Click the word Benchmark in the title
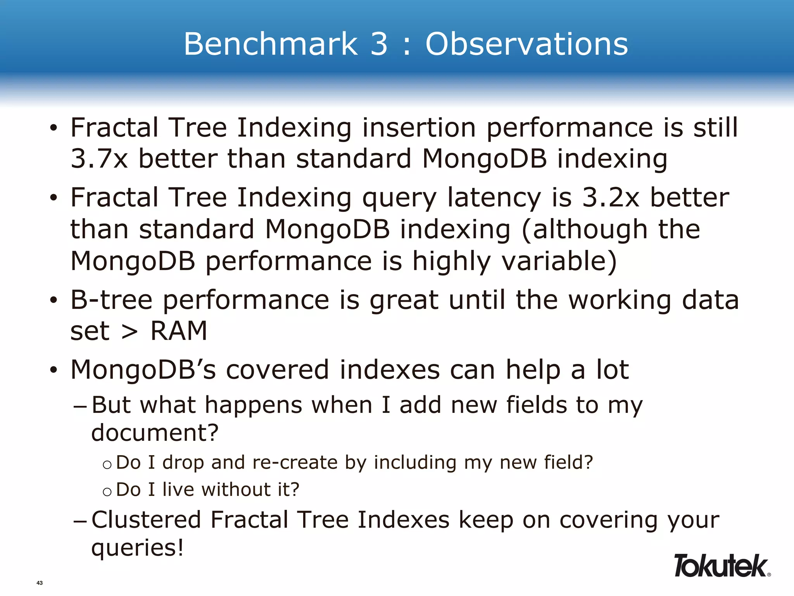coord(270,44)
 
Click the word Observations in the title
coord(526,44)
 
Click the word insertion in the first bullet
coord(419,128)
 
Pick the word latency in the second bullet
coord(494,198)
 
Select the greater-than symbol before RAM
coord(129,332)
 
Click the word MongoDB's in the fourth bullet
coord(143,369)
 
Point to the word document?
coord(155,433)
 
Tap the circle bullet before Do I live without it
coord(107,492)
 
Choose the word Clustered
coord(146,520)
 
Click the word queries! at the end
coord(137,548)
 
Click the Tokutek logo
coord(721,566)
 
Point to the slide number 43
coord(39,583)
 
